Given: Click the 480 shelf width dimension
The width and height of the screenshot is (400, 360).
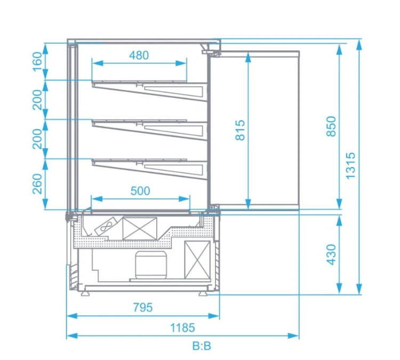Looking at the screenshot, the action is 139,55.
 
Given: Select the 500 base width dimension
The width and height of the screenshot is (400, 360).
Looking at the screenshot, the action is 140,191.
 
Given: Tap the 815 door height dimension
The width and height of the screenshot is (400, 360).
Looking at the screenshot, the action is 240,130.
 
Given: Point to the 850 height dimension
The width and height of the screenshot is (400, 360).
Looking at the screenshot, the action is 331,126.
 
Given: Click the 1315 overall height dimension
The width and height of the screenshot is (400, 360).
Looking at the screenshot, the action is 350,165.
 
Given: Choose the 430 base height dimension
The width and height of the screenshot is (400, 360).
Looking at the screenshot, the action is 331,254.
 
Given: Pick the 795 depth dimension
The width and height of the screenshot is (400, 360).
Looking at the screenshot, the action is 143,307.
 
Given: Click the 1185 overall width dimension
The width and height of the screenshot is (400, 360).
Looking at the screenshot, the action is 182,327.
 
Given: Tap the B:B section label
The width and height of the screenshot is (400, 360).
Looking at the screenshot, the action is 202,346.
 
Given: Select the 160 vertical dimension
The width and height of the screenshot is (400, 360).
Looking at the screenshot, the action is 37,62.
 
